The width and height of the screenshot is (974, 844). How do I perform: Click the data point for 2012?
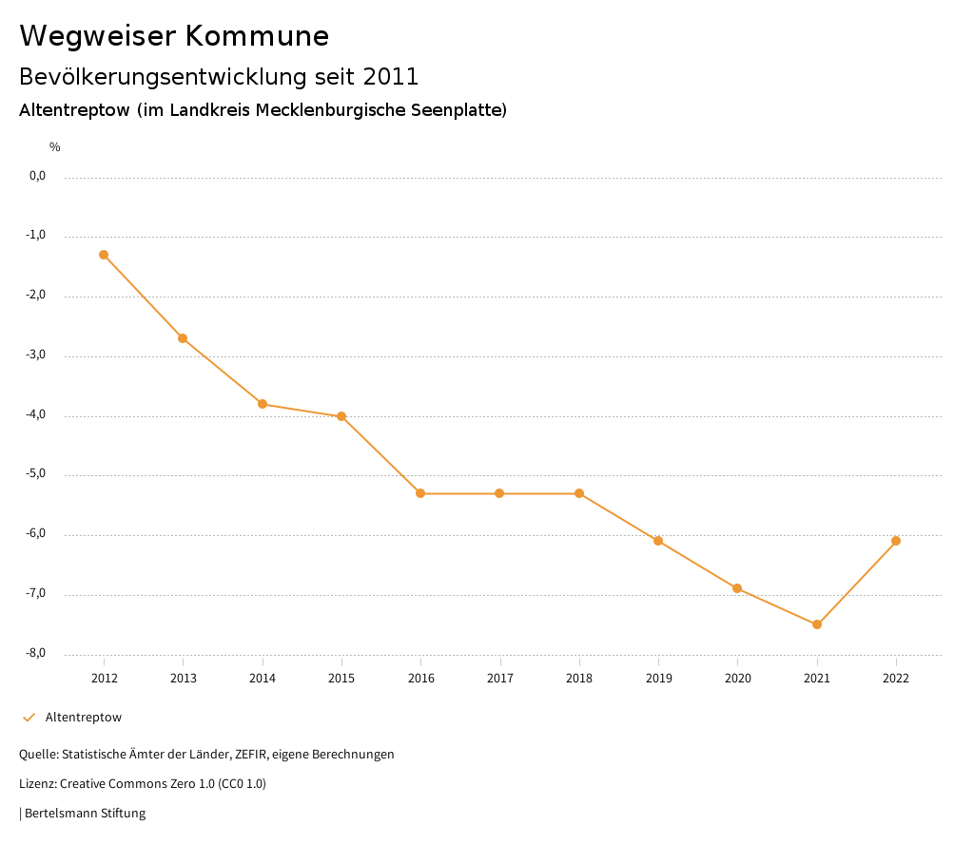(104, 255)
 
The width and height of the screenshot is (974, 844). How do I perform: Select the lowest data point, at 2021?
(817, 624)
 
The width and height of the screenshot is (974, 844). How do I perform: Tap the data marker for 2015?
(341, 416)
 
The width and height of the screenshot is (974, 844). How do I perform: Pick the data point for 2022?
(896, 541)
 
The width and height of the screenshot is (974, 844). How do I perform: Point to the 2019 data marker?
(658, 541)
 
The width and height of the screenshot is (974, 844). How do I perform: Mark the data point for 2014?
(263, 404)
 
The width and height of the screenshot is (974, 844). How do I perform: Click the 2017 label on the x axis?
(500, 678)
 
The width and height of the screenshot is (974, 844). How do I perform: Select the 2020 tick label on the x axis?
(738, 678)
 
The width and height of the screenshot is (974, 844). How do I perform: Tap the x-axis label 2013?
(184, 678)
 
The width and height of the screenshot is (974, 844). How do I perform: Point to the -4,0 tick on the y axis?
(37, 414)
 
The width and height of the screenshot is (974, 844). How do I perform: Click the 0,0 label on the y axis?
(38, 176)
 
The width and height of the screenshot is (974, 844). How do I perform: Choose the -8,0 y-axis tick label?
(37, 653)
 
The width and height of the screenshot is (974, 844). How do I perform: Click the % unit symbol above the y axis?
(55, 147)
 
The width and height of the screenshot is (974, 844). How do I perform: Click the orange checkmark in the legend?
(29, 718)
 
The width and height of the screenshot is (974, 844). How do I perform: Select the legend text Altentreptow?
(84, 718)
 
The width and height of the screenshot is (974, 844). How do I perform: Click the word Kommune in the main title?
(257, 36)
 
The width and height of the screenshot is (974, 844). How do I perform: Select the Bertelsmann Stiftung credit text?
(85, 814)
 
